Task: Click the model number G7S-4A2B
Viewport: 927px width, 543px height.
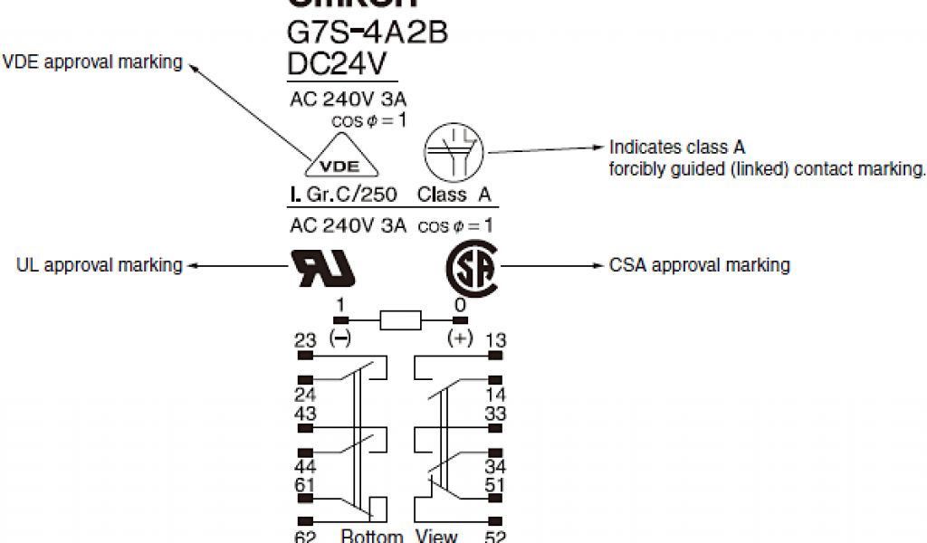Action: click(367, 33)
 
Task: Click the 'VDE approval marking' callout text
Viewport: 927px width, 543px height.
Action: click(93, 62)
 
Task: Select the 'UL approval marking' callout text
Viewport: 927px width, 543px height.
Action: click(100, 265)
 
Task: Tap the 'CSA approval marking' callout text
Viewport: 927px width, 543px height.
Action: click(699, 265)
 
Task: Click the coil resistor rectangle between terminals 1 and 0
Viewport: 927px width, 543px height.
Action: click(400, 319)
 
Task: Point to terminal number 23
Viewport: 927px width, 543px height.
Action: click(305, 340)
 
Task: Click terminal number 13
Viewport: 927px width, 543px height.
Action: click(495, 340)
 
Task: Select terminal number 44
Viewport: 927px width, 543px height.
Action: click(305, 467)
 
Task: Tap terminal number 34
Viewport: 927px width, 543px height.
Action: click(495, 467)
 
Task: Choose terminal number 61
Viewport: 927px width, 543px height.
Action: click(305, 486)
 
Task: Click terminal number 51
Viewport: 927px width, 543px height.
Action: click(495, 486)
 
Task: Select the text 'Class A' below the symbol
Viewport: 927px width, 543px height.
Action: click(454, 195)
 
